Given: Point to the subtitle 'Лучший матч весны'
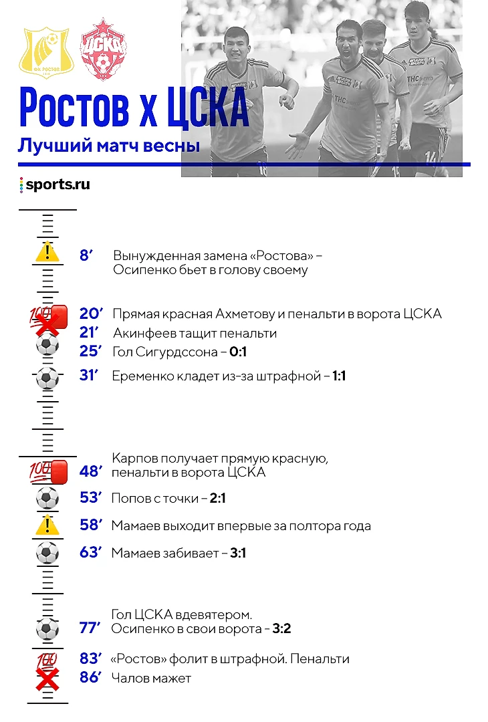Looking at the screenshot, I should click(x=109, y=144).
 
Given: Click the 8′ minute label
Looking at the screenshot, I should click(x=86, y=255).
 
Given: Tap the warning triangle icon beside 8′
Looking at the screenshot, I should click(x=47, y=252).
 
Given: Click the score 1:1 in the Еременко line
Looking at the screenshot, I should click(x=339, y=376).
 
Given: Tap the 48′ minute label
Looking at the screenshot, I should click(x=90, y=472).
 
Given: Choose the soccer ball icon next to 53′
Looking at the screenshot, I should click(x=47, y=498).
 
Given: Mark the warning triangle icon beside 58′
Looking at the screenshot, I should click(x=47, y=525).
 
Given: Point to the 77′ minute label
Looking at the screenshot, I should click(x=90, y=629).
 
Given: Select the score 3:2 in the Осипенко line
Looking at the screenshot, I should click(x=281, y=629).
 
